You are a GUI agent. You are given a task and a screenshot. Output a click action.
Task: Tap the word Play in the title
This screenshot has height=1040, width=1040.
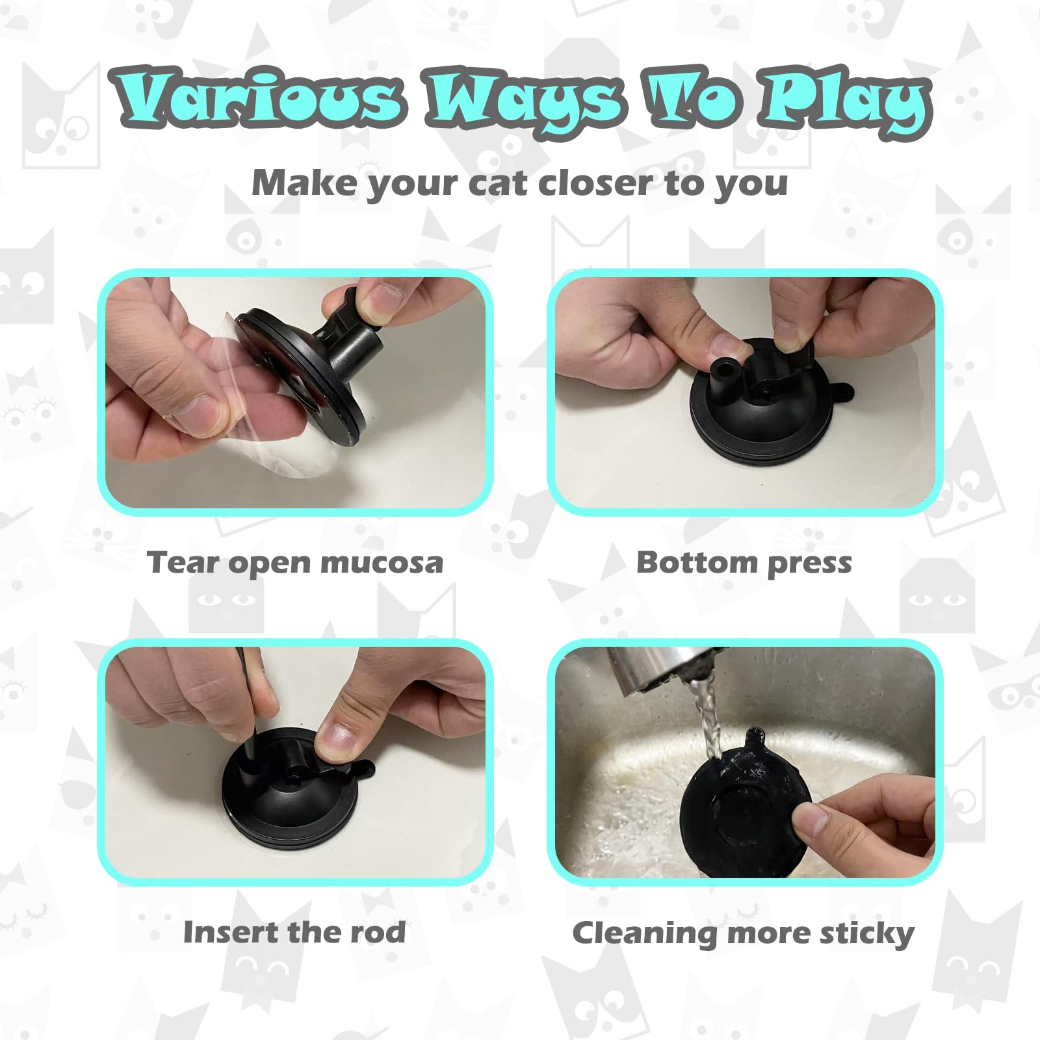pos(845,101)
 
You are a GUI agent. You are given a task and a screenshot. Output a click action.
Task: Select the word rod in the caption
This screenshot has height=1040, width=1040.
pos(378,932)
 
